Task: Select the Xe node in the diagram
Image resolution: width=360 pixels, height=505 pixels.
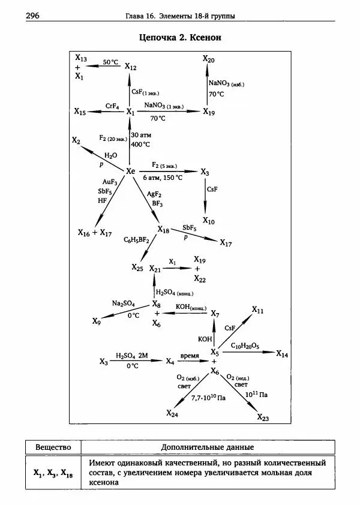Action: point(131,172)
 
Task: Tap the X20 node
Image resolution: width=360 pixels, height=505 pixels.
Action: point(208,59)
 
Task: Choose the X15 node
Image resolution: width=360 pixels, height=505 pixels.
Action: point(80,112)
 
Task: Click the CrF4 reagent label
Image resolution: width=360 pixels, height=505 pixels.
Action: point(112,106)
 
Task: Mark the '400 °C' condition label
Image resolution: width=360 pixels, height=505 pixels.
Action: point(140,145)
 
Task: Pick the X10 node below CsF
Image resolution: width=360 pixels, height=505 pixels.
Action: point(208,221)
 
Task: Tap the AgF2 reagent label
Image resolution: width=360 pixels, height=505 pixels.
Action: point(155,194)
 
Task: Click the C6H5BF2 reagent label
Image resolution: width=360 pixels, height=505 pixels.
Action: point(136,240)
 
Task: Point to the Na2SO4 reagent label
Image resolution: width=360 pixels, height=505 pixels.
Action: point(123,304)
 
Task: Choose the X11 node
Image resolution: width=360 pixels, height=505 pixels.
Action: point(257,309)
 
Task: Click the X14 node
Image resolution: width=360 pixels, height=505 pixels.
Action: point(282,354)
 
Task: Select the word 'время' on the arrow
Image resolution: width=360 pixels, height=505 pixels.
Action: point(190,356)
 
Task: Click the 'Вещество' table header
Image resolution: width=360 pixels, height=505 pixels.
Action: point(53,447)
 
